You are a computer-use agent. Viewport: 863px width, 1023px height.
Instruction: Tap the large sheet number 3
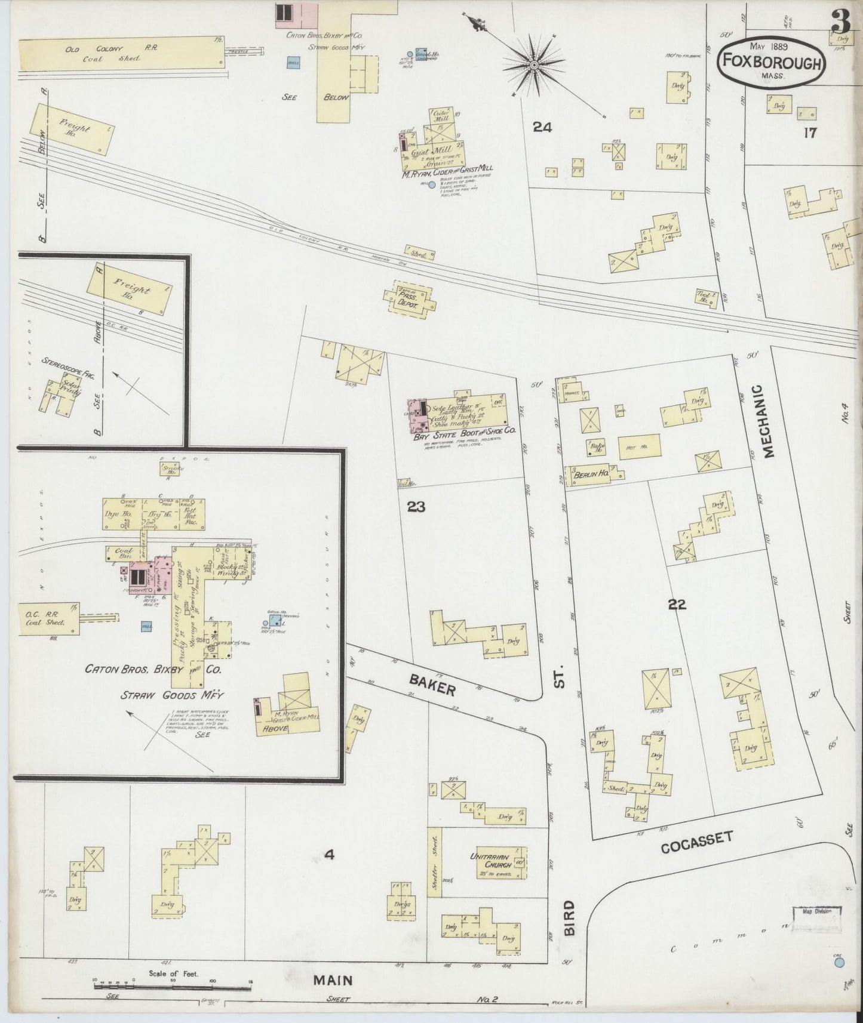(841, 23)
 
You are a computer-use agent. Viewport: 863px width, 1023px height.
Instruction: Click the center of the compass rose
(535, 64)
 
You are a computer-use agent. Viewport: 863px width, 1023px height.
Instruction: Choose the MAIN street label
(331, 980)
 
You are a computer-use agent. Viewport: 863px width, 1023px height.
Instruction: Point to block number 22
(677, 605)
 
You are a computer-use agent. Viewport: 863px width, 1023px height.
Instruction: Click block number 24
(542, 127)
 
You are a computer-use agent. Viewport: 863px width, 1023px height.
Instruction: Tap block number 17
(809, 133)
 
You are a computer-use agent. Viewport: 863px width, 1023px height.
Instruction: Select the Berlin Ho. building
(589, 477)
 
